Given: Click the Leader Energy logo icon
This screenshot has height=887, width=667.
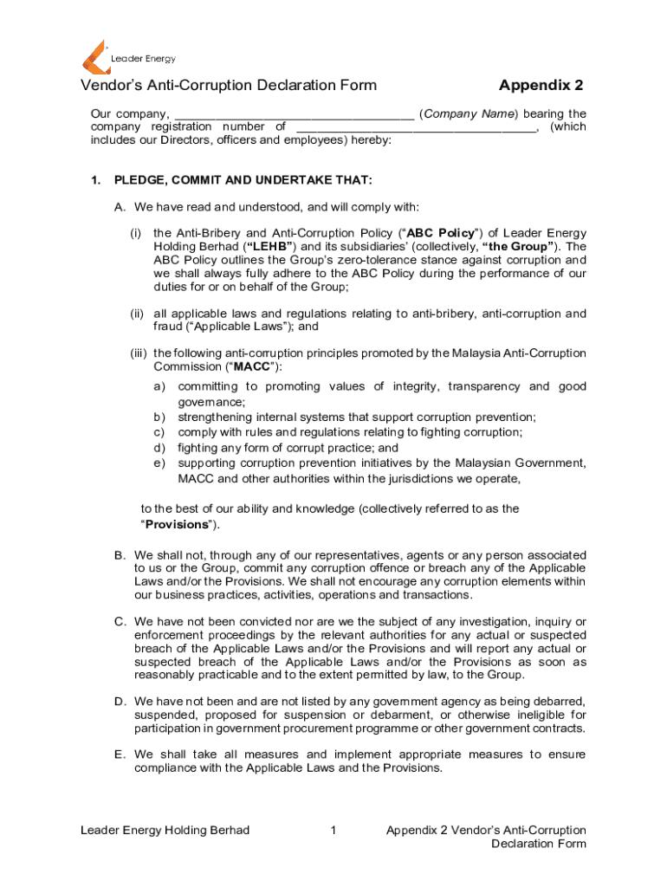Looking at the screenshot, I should pos(94,56).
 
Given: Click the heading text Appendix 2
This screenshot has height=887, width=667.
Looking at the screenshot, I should pos(541,85).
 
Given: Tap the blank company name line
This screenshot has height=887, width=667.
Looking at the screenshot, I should pos(294,114).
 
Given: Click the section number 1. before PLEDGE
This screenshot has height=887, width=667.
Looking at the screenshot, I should pos(97,180).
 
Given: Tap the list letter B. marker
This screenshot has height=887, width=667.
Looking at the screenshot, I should pos(120,554).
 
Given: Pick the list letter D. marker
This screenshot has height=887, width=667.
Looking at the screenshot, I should pos(120,700).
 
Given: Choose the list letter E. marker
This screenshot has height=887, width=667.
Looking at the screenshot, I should pos(120,754).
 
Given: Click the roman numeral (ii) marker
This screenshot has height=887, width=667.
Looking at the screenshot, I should pos(137,314).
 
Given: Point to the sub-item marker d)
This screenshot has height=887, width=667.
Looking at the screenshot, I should pos(159,448).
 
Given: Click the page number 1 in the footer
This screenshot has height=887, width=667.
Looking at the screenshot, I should pos(333,831).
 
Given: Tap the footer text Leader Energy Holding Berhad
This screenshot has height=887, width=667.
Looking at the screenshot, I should pos(165,831).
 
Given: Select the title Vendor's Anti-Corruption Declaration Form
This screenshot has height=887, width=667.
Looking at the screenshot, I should pos(229,85).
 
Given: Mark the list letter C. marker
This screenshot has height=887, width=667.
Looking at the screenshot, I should pos(120,622).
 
